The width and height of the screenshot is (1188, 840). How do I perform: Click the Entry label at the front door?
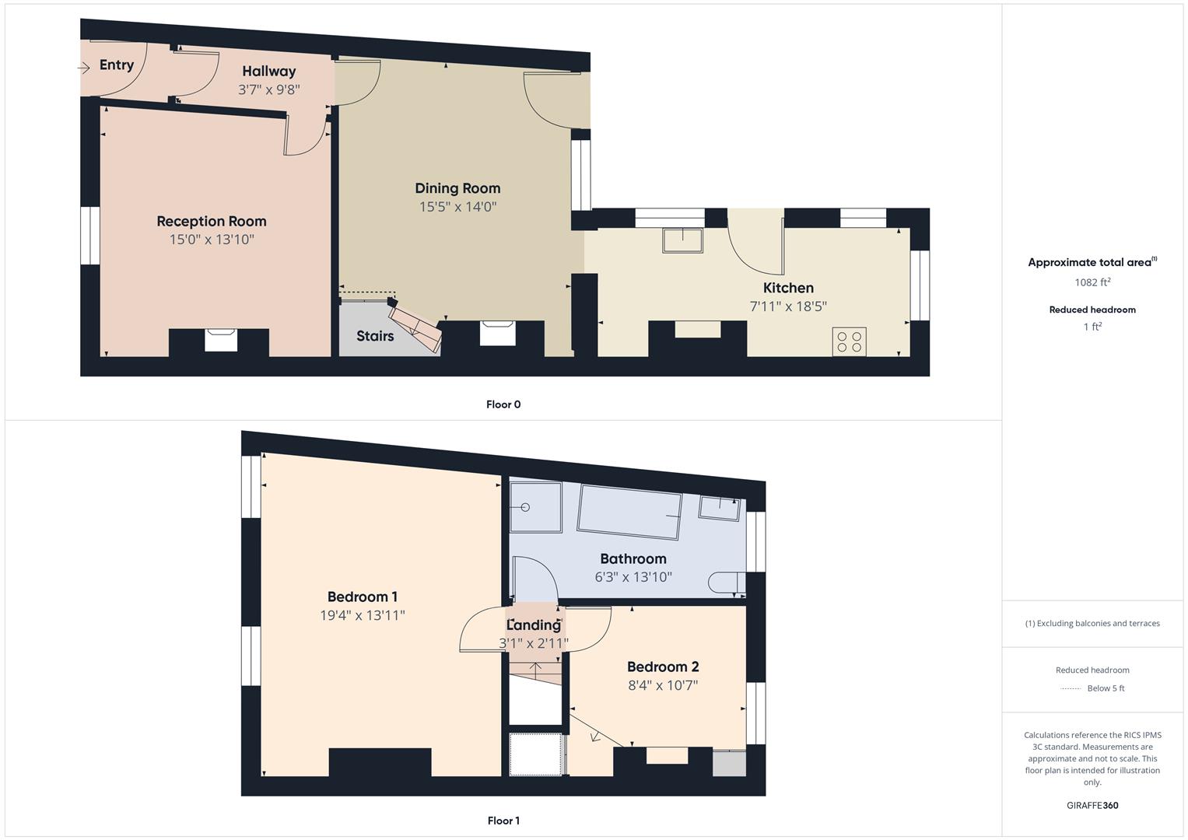116,65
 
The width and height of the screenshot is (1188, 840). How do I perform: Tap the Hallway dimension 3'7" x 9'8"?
268,89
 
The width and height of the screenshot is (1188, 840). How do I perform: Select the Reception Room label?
212,222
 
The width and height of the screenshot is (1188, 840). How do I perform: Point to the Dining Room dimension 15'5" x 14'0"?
457,207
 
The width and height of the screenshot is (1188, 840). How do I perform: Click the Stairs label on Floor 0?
375,336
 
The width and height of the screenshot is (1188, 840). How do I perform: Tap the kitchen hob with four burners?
849,341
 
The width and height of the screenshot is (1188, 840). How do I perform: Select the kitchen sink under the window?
682,240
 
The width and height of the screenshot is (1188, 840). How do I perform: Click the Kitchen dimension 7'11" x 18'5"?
788,306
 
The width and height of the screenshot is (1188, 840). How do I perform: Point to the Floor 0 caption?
503,404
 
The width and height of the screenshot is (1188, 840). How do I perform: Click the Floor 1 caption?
503,821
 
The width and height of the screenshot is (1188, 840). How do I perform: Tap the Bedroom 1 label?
363,597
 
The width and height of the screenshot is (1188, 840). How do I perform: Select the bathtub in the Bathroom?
631,513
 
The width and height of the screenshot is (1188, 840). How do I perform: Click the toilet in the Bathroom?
726,583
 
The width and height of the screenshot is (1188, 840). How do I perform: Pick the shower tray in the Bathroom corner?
535,507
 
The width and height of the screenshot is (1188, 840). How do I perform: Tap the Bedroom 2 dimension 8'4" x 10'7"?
663,686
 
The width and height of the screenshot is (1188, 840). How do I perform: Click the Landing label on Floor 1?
534,625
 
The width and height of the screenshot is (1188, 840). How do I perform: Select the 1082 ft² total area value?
1092,282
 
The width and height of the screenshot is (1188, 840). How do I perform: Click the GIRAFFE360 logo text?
1092,806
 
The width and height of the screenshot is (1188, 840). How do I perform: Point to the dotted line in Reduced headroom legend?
1071,688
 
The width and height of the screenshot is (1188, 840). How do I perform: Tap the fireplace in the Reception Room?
220,341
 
